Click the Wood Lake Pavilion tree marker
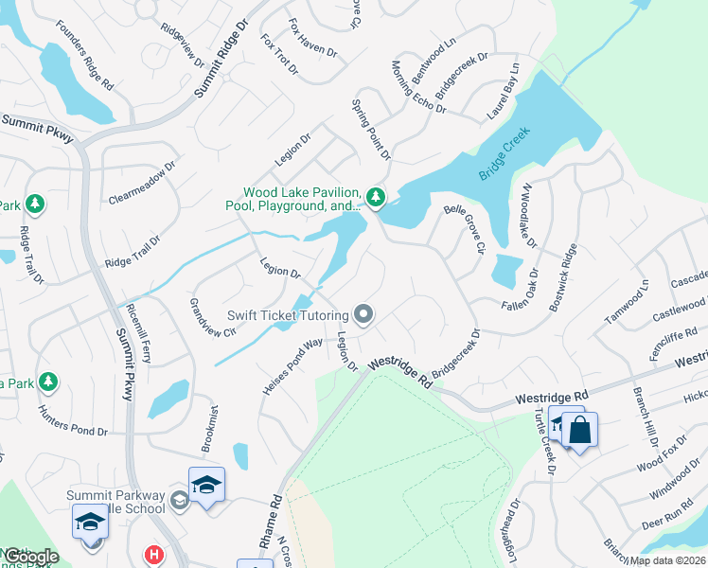(x=377, y=197)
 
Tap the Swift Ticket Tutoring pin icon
(x=363, y=314)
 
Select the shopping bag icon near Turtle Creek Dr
(x=580, y=430)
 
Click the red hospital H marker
(x=151, y=555)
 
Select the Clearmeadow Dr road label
(x=143, y=185)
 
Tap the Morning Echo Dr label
(x=418, y=88)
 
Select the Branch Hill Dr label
(x=646, y=410)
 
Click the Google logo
(x=30, y=557)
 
